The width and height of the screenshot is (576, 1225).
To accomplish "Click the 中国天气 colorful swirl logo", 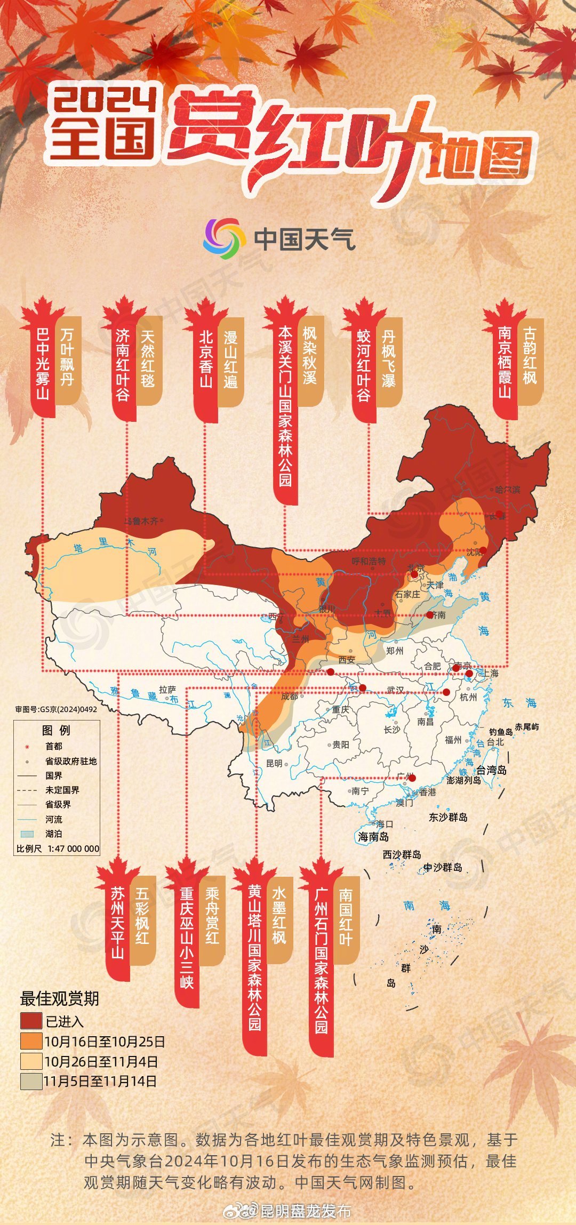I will (x=224, y=238).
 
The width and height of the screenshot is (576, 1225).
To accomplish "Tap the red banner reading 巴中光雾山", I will (x=43, y=365).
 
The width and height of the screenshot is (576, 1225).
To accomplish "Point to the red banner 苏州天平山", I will (x=118, y=923).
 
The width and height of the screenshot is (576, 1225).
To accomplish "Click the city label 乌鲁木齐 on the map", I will (x=142, y=521).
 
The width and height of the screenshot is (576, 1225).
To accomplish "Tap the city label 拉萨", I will (x=167, y=690).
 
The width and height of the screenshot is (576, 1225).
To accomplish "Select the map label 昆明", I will (x=274, y=763).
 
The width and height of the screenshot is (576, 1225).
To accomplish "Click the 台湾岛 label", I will (x=491, y=770).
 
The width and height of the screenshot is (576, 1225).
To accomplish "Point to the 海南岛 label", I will (x=373, y=837).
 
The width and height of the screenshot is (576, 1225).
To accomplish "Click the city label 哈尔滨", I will (x=507, y=490).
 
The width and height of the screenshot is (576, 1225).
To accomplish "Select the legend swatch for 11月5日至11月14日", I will (x=31, y=1081).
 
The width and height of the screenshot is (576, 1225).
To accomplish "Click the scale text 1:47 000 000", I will (x=74, y=848).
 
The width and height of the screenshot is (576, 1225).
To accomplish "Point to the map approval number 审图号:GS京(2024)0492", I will (x=56, y=709).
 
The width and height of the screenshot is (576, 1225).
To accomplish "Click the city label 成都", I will (x=290, y=696).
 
